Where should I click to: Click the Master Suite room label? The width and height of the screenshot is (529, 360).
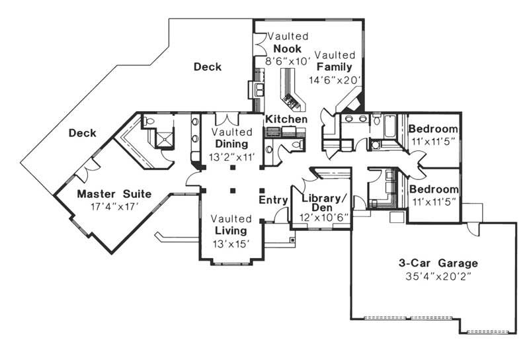[x=114, y=194]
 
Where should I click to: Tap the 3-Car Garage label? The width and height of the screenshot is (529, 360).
[x=433, y=263]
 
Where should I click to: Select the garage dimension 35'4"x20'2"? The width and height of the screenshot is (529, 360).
[x=433, y=276]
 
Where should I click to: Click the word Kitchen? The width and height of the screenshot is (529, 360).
[x=286, y=119]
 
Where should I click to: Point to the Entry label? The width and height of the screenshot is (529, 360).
[x=272, y=200]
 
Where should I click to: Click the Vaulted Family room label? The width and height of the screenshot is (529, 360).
[x=337, y=61]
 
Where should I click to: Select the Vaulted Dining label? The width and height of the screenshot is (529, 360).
[x=231, y=138]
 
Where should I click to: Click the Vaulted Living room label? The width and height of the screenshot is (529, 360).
[x=231, y=224]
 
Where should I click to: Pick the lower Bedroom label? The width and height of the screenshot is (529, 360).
[x=433, y=189]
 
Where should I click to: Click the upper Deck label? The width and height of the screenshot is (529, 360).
[x=208, y=67]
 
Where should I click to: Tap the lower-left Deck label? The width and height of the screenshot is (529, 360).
[x=83, y=133]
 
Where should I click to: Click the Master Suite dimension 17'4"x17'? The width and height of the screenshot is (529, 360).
[x=114, y=206]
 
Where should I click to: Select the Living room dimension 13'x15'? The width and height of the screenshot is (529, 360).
[x=231, y=243]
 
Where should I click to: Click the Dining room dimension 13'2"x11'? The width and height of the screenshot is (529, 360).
[x=231, y=157]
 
